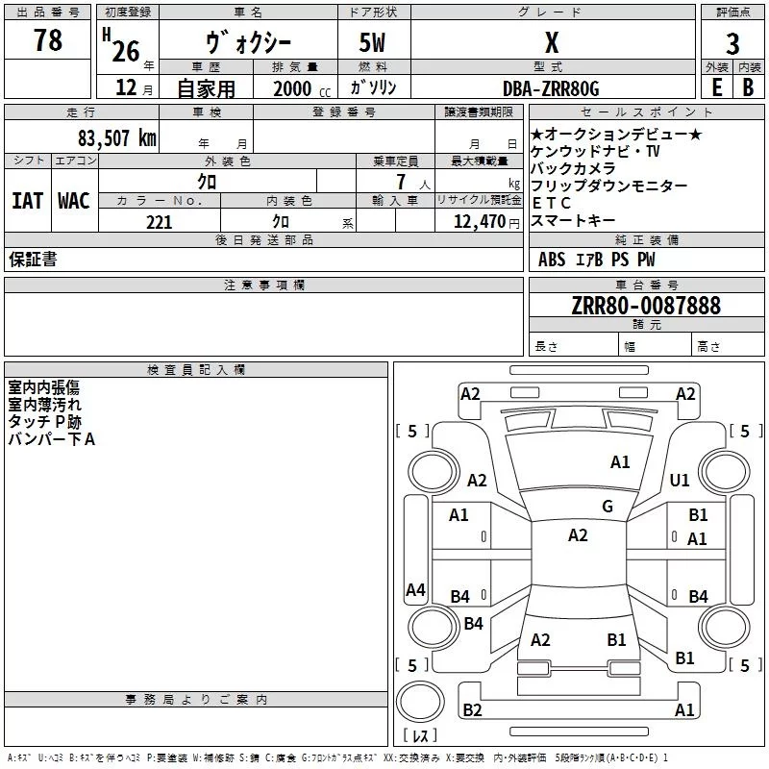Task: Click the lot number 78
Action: (x=48, y=40)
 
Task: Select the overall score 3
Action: (x=732, y=44)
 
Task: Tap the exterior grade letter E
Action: (x=717, y=87)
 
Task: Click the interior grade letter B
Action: (x=748, y=87)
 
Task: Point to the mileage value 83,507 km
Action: (x=117, y=138)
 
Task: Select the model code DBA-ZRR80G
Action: (x=551, y=88)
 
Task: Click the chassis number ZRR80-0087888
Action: (x=646, y=306)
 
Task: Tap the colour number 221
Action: (x=159, y=223)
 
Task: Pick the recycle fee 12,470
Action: (x=479, y=222)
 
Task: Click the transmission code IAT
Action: (x=28, y=201)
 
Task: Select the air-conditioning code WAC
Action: (x=74, y=201)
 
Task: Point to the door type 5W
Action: (x=372, y=42)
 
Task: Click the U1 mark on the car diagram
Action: (x=680, y=481)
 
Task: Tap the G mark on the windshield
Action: (x=608, y=507)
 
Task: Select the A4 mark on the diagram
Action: (x=415, y=590)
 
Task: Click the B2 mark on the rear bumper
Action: (x=472, y=710)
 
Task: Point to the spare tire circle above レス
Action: (x=420, y=702)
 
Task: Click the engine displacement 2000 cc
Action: (x=302, y=89)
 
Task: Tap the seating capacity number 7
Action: (x=401, y=182)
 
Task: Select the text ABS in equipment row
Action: (x=552, y=260)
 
